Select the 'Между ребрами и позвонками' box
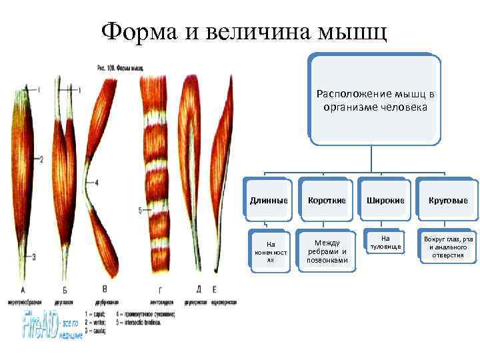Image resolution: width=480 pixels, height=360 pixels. point(326,251)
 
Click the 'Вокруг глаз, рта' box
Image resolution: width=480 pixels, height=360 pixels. point(443,247)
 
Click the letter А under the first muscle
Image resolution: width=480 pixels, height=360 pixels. point(23,290)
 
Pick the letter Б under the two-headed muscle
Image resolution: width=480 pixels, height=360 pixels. point(64,290)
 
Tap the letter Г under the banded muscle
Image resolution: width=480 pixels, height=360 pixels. point(159,289)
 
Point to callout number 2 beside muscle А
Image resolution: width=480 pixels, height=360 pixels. point(41,159)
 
